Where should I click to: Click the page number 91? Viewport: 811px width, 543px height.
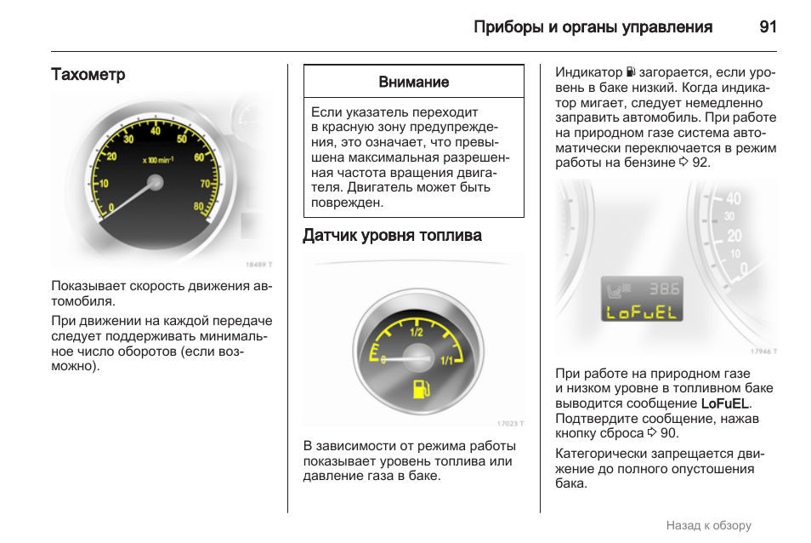tap(768, 26)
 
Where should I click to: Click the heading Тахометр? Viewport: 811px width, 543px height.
tap(88, 75)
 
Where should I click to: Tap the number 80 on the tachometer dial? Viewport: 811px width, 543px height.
tap(198, 207)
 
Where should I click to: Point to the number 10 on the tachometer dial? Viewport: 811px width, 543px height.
tap(105, 184)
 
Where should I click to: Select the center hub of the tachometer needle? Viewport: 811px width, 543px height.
tap(155, 181)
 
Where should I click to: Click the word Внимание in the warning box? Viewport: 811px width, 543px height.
tap(413, 83)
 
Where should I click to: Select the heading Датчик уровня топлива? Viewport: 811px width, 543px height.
tap(392, 236)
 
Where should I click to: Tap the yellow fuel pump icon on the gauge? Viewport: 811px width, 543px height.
tap(419, 391)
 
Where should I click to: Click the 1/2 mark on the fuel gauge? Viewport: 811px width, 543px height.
tap(417, 333)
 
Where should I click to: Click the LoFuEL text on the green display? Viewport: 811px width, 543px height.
tap(643, 312)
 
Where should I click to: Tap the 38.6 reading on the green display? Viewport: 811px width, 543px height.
tap(665, 289)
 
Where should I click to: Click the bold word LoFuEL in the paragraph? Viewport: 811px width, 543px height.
tap(725, 403)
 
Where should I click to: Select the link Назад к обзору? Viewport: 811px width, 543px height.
tap(708, 526)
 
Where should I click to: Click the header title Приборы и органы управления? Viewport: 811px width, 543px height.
tap(593, 26)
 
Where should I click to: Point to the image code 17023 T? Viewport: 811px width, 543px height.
tap(510, 423)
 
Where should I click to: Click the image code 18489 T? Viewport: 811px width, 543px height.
tap(258, 265)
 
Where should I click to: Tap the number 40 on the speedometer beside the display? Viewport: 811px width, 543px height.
tap(733, 199)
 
